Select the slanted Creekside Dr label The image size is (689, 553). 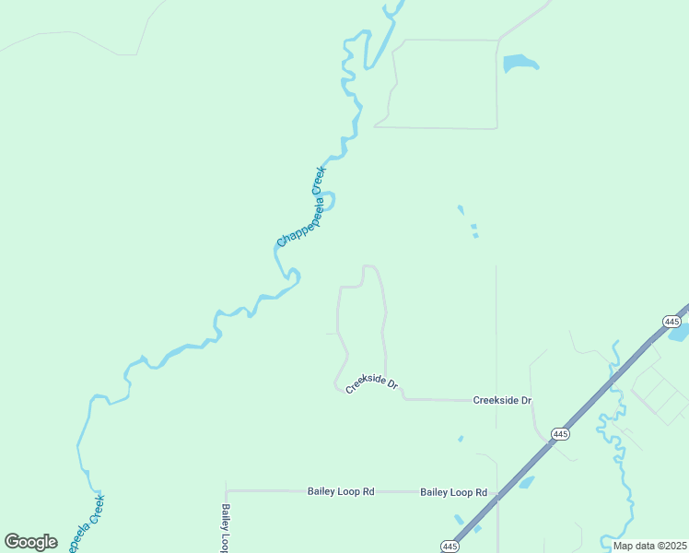371,385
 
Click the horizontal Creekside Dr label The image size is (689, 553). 503,401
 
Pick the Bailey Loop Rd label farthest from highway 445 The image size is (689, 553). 341,492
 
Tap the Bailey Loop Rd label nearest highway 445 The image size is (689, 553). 453,492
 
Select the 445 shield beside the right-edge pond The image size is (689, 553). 671,321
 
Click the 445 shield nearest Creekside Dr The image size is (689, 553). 560,433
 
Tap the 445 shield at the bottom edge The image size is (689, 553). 450,547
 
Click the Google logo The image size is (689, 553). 30,542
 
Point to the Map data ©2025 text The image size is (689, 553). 649,546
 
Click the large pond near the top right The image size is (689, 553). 519,64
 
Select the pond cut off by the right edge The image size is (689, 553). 680,332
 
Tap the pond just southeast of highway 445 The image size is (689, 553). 526,482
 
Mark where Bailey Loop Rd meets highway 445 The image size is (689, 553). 497,494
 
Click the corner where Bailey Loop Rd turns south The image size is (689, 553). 227,491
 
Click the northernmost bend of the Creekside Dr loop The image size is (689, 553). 370,266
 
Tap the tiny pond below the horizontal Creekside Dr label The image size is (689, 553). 460,440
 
